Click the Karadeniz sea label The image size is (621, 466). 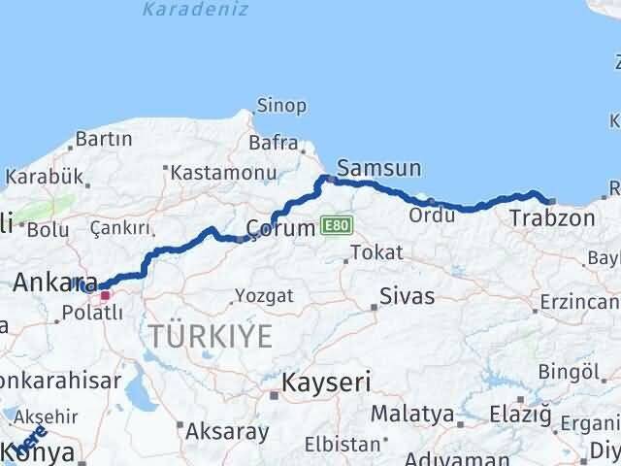194,11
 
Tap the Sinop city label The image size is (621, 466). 281,105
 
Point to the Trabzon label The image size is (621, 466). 552,218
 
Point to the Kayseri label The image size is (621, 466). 325,383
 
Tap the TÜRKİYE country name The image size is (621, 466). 210,337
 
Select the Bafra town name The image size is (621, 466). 273,143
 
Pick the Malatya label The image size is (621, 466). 411,414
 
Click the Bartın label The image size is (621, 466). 103,140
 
